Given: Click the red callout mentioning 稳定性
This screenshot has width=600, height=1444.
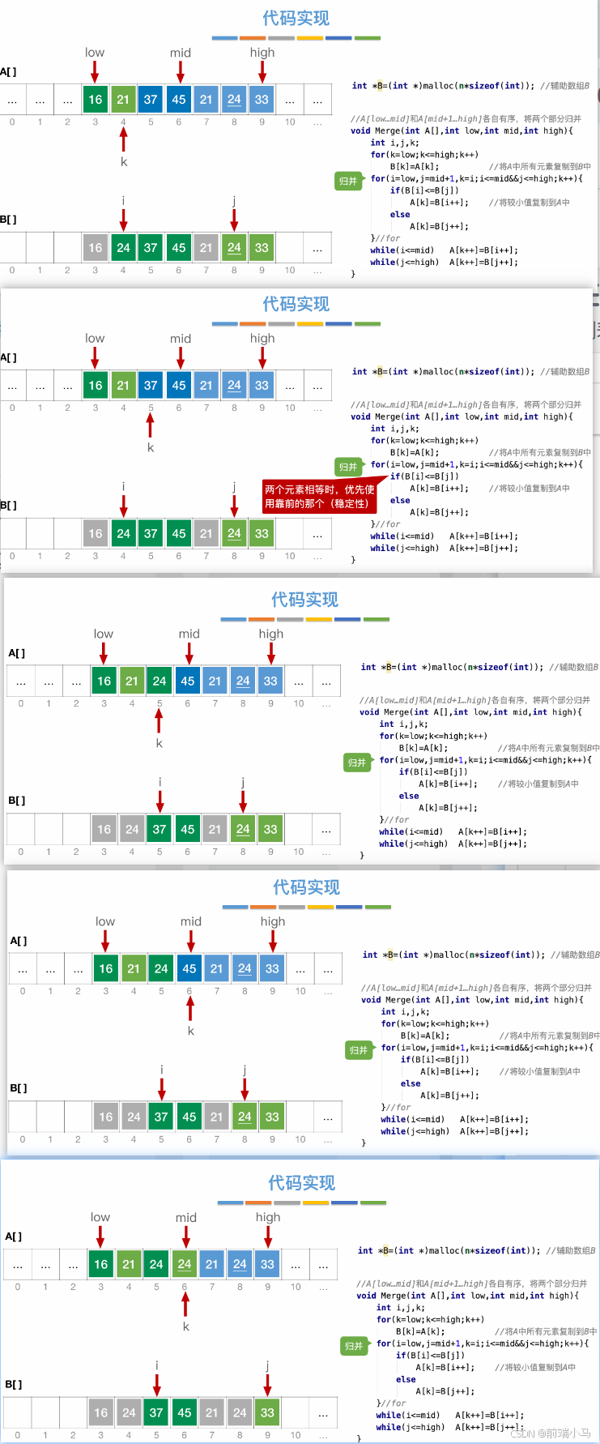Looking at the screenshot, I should (319, 496).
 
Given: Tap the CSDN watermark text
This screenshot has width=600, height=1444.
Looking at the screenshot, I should (551, 1433).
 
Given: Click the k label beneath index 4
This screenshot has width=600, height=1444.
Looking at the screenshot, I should (124, 161).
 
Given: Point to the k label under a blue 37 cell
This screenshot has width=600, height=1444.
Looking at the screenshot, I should (151, 447).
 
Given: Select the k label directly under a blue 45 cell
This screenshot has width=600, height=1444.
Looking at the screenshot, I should (190, 1031).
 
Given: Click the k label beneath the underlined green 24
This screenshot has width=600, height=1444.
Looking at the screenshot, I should (185, 1327).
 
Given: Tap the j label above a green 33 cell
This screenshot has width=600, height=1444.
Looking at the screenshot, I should (267, 1365).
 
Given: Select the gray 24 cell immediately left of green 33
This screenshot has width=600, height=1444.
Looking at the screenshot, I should (240, 1412).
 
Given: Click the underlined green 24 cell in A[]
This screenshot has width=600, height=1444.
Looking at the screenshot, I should (185, 1264).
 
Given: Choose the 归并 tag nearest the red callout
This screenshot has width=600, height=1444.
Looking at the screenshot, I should (347, 467).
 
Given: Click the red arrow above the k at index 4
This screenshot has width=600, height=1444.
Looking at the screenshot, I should (124, 139).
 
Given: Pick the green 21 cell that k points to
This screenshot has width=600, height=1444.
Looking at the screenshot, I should (123, 100).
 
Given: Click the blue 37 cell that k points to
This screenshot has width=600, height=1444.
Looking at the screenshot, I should (151, 386).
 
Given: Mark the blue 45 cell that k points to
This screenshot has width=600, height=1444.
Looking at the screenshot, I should (189, 968).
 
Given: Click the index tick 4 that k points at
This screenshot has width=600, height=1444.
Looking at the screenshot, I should (123, 122).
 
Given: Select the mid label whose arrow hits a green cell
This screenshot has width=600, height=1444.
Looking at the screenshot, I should (186, 1217).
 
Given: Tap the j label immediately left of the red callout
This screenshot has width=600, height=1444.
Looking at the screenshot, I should (234, 486).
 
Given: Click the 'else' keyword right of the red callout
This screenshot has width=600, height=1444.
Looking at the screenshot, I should (400, 500).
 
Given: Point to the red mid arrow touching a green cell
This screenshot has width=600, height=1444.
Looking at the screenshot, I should (185, 1237).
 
